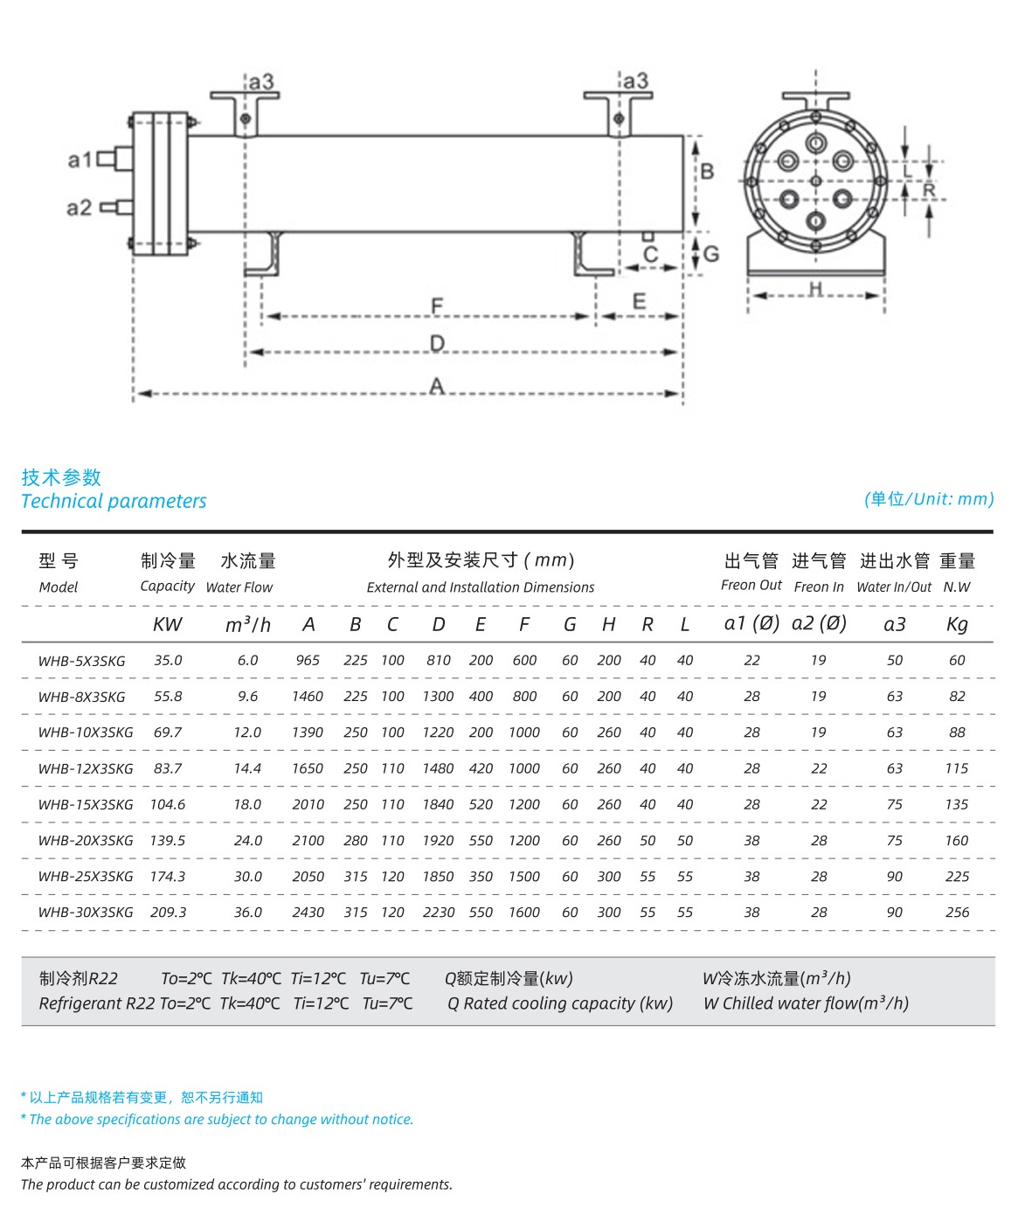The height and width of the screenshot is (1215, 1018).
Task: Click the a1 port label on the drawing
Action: [x=80, y=160]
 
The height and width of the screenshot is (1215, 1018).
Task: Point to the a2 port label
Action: [x=79, y=208]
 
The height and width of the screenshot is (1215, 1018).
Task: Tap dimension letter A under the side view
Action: [x=437, y=385]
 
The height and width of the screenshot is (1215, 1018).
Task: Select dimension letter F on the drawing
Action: [x=437, y=306]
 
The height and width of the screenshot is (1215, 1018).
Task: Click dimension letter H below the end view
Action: [x=815, y=288]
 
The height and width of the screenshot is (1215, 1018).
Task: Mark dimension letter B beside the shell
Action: [x=707, y=171]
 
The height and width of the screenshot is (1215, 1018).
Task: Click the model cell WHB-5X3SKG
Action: [x=82, y=662]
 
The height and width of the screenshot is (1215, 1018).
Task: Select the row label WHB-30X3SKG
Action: [x=86, y=913]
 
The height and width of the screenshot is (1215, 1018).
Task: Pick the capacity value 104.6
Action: [x=168, y=805]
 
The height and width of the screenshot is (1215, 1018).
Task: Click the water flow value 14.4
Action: [x=247, y=769]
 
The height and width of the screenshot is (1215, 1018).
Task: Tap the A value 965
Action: [x=308, y=661]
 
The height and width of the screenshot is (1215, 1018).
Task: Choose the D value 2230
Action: [x=438, y=913]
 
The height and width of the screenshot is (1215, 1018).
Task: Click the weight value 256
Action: [x=957, y=913]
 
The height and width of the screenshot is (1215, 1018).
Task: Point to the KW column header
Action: [x=168, y=625]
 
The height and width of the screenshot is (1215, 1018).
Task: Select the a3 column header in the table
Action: [x=895, y=625]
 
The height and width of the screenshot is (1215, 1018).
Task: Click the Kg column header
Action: [x=957, y=625]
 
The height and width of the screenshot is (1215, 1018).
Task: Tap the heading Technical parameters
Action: [x=114, y=502]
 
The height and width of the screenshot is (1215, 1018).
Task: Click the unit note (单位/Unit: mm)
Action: [x=929, y=499]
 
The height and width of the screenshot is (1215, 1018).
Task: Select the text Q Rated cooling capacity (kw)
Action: [x=560, y=1004]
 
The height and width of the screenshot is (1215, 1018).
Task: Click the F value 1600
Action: [x=524, y=913]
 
